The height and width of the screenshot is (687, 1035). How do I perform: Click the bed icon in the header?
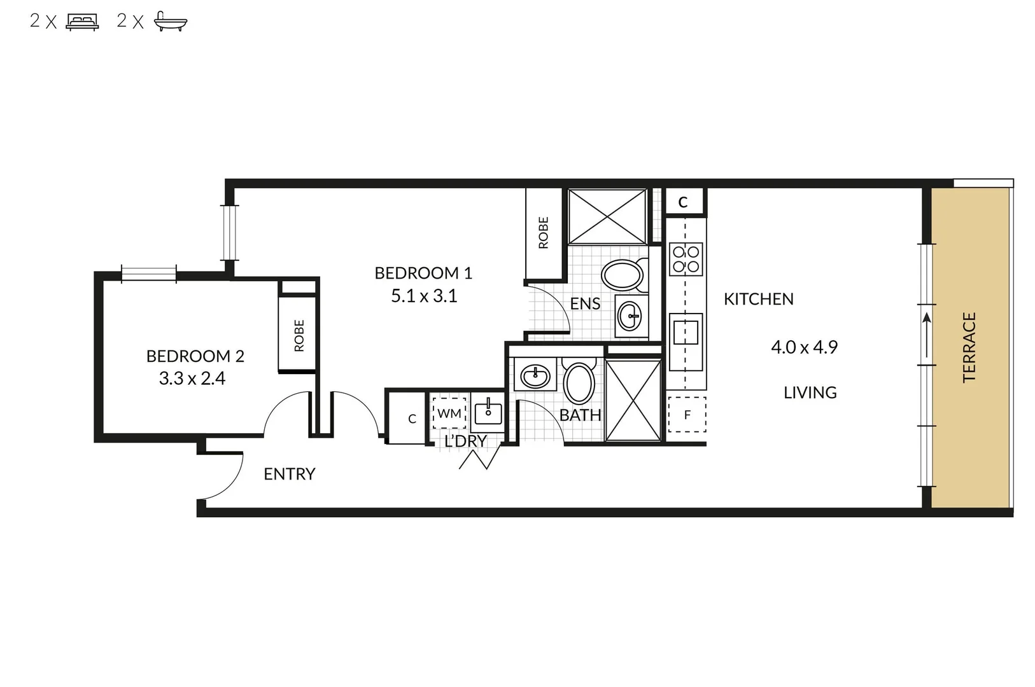point(82,22)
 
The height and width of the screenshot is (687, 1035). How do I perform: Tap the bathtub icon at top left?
point(170,22)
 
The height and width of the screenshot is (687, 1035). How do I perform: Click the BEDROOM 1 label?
point(423,273)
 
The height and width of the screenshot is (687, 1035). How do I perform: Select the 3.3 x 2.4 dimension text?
point(192,378)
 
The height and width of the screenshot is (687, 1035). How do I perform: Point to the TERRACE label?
point(969,347)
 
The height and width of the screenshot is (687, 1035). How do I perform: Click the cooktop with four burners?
point(686,260)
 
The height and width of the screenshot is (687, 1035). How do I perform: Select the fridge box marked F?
point(687,415)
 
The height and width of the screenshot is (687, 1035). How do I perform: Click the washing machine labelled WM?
point(449,413)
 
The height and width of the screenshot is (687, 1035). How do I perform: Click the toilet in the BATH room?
point(579,382)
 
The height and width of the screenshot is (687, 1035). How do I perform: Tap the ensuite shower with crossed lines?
point(607,216)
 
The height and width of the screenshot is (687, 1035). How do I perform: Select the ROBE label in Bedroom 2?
point(299,335)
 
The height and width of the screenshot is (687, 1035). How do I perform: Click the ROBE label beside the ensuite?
point(543,232)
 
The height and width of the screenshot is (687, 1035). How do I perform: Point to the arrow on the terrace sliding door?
point(926,334)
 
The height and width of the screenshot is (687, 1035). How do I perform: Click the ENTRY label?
point(289,474)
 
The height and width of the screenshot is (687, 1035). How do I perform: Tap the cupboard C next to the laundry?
point(412,419)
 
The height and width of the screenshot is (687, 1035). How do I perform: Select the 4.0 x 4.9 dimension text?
point(804,347)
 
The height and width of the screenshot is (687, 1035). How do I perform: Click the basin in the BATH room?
point(535,376)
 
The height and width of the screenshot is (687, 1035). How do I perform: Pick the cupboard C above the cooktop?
point(683,202)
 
